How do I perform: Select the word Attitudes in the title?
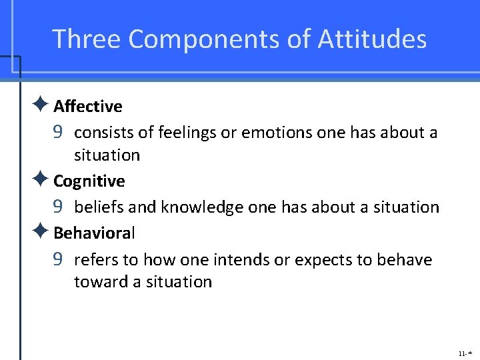coord(372,39)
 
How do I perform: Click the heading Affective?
coord(87,107)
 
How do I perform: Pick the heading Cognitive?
coord(89,181)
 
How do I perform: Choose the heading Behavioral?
coord(94,233)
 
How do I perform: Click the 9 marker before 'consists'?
coord(58,133)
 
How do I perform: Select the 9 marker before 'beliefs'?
coord(58,207)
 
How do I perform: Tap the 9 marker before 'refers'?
coord(58,259)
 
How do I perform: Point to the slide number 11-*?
coord(464,351)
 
